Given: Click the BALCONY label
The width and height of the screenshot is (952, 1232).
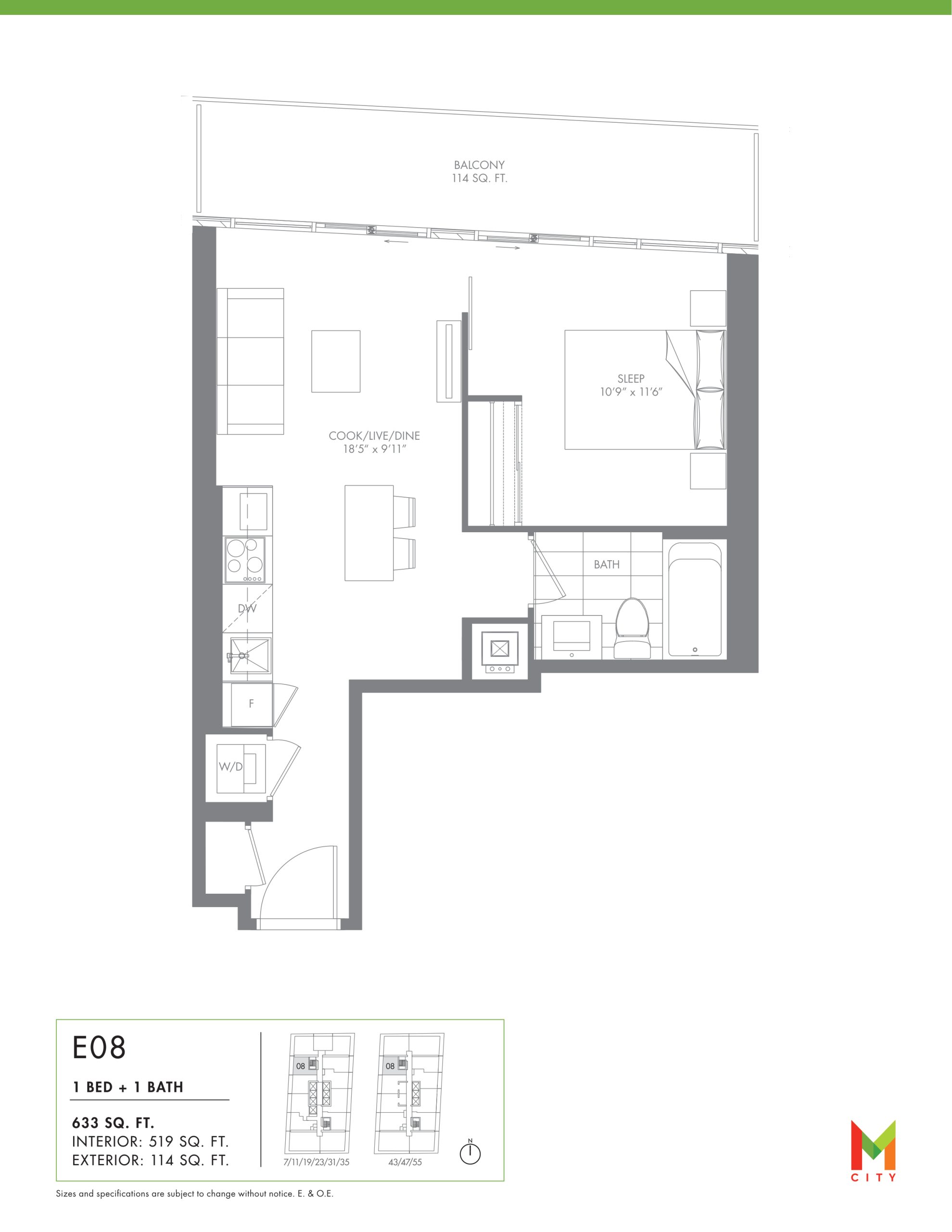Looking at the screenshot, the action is point(480,165).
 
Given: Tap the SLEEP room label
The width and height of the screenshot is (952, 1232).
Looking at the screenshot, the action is point(631,379).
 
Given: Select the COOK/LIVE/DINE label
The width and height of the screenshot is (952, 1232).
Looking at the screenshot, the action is point(374,436).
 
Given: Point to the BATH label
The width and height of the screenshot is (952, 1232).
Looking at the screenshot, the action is point(606,565).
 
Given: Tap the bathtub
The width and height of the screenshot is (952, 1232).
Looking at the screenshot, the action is point(695,599).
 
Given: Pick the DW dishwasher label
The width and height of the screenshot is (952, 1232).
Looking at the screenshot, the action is point(247,609).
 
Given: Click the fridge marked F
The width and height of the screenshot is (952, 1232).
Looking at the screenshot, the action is point(248,704).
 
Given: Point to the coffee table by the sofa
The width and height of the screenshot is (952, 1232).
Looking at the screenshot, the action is point(336,361).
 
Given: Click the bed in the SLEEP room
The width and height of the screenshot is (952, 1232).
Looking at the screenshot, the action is point(645,390).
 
